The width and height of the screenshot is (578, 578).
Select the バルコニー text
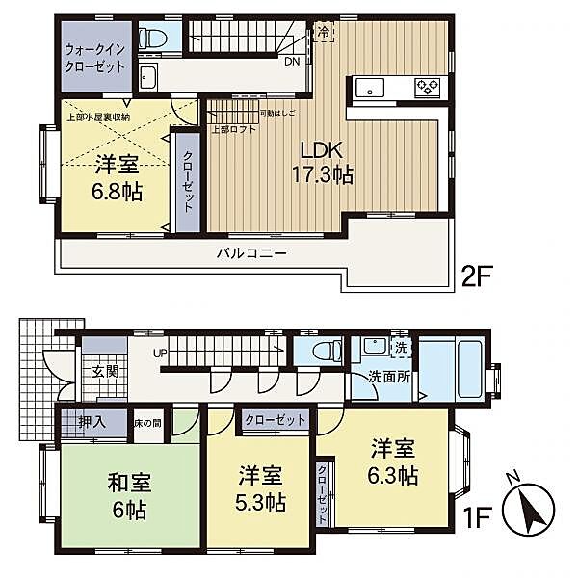pos(250,252)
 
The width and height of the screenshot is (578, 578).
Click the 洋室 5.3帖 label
pos(261,489)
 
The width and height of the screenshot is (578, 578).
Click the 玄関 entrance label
pos(103,371)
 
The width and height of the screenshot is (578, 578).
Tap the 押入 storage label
pos(93,422)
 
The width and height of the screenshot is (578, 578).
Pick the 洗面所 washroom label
pos(388,377)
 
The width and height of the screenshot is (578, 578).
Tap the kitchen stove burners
pos(427,88)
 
